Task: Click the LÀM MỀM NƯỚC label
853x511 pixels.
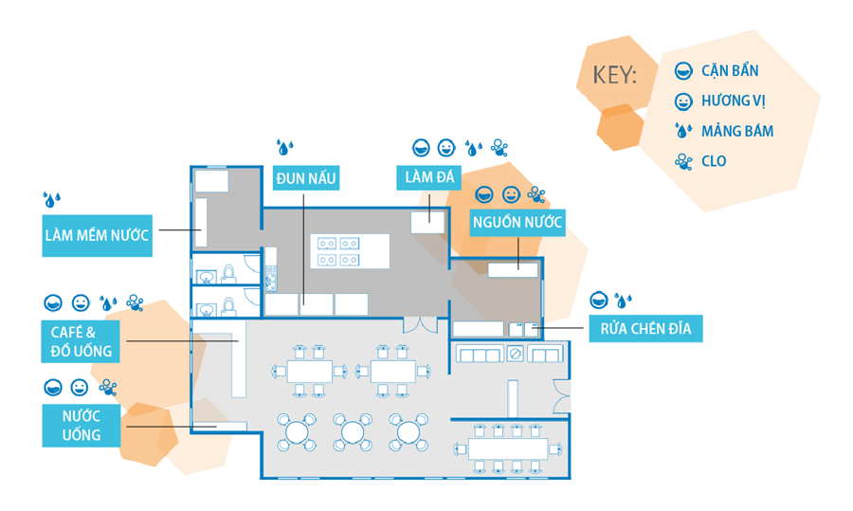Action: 97,236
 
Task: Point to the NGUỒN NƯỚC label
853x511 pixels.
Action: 517,224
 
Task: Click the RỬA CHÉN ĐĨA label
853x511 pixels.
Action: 645,329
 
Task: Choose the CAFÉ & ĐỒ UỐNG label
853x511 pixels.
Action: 82,341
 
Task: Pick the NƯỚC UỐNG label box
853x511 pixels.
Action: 82,426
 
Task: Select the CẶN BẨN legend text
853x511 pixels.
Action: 730,71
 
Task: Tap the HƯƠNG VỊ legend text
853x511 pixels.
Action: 734,101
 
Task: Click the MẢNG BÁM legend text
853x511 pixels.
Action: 737,132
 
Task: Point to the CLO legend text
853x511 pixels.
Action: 714,161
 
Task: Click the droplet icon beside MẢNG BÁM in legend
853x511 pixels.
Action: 682,132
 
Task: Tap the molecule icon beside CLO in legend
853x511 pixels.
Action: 682,161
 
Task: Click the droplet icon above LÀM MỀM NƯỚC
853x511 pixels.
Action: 51,199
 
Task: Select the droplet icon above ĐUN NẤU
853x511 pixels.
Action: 284,147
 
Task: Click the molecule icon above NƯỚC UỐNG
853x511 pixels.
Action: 109,387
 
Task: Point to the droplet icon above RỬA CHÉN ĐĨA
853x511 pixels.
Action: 624,301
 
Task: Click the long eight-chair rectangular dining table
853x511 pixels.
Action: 512,447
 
